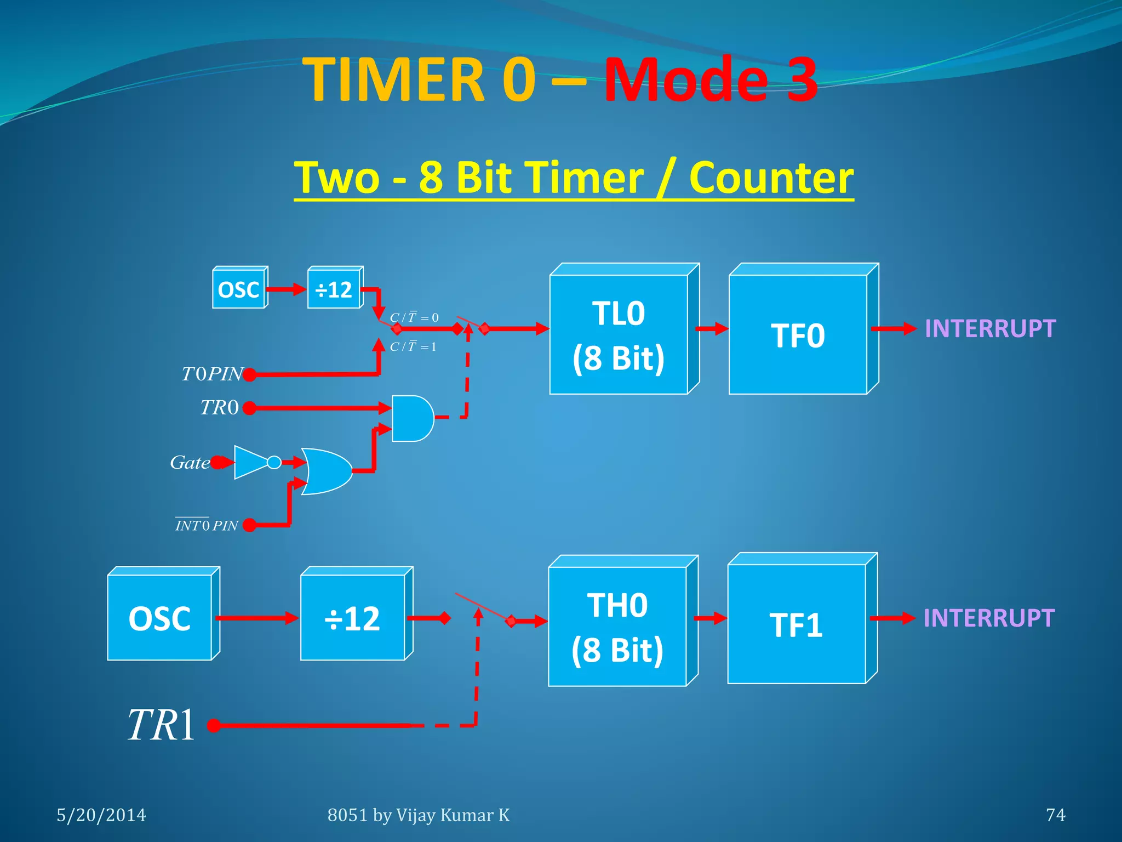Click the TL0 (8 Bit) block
click(x=619, y=334)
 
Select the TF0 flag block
click(x=798, y=334)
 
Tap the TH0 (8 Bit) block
click(x=617, y=626)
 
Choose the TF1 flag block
click(x=797, y=624)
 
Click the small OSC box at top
click(x=238, y=289)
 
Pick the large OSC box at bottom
click(x=159, y=618)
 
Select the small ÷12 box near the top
click(x=334, y=289)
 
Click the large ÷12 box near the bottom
click(x=352, y=618)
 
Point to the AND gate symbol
click(x=411, y=418)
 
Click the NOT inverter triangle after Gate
click(x=251, y=462)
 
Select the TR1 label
click(x=161, y=725)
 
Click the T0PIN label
click(x=212, y=374)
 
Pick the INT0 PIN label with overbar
click(x=207, y=525)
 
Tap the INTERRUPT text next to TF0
click(x=990, y=329)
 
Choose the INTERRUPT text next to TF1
click(x=989, y=618)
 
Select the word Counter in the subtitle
click(x=771, y=178)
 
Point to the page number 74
click(x=1055, y=815)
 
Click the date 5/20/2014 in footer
click(x=101, y=815)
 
